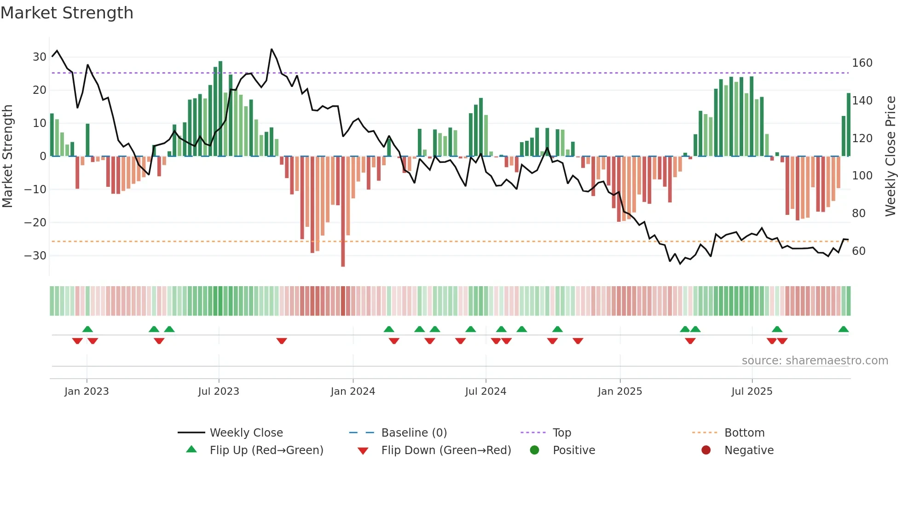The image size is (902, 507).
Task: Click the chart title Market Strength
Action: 67,13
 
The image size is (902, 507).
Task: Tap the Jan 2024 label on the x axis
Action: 353,392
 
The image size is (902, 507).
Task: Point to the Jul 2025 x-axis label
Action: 752,392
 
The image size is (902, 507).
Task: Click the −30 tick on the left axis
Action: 35,256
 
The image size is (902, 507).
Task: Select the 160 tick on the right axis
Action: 862,63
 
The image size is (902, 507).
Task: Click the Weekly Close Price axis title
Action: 890,156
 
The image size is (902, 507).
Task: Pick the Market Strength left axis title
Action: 7,156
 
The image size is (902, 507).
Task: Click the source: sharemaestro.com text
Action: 815,361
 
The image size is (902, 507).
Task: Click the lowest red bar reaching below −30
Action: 343,212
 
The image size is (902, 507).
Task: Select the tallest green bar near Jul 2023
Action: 220,109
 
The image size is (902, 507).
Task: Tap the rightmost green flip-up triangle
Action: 843,329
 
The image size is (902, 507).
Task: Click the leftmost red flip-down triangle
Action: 77,341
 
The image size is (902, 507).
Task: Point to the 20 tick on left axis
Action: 39,90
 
